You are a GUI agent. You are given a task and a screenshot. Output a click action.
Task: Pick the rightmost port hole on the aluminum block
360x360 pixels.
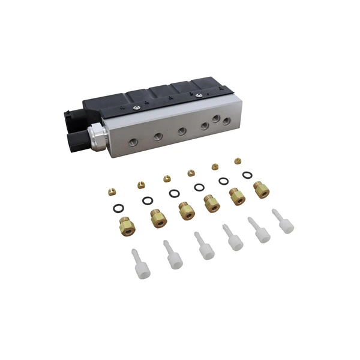(x=226, y=121)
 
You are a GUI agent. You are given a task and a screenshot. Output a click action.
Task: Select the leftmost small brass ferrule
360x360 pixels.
(x=110, y=191)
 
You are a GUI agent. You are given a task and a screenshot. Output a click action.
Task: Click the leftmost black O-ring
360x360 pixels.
(x=119, y=209)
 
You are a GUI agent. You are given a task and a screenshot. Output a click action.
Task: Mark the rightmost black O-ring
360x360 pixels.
(x=247, y=175)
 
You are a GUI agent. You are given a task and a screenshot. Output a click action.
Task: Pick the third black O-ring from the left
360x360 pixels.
(x=174, y=193)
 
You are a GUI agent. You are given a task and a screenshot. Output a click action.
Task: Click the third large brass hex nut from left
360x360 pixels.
(x=185, y=211)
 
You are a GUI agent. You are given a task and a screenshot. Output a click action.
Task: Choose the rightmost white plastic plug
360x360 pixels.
(x=284, y=223)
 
